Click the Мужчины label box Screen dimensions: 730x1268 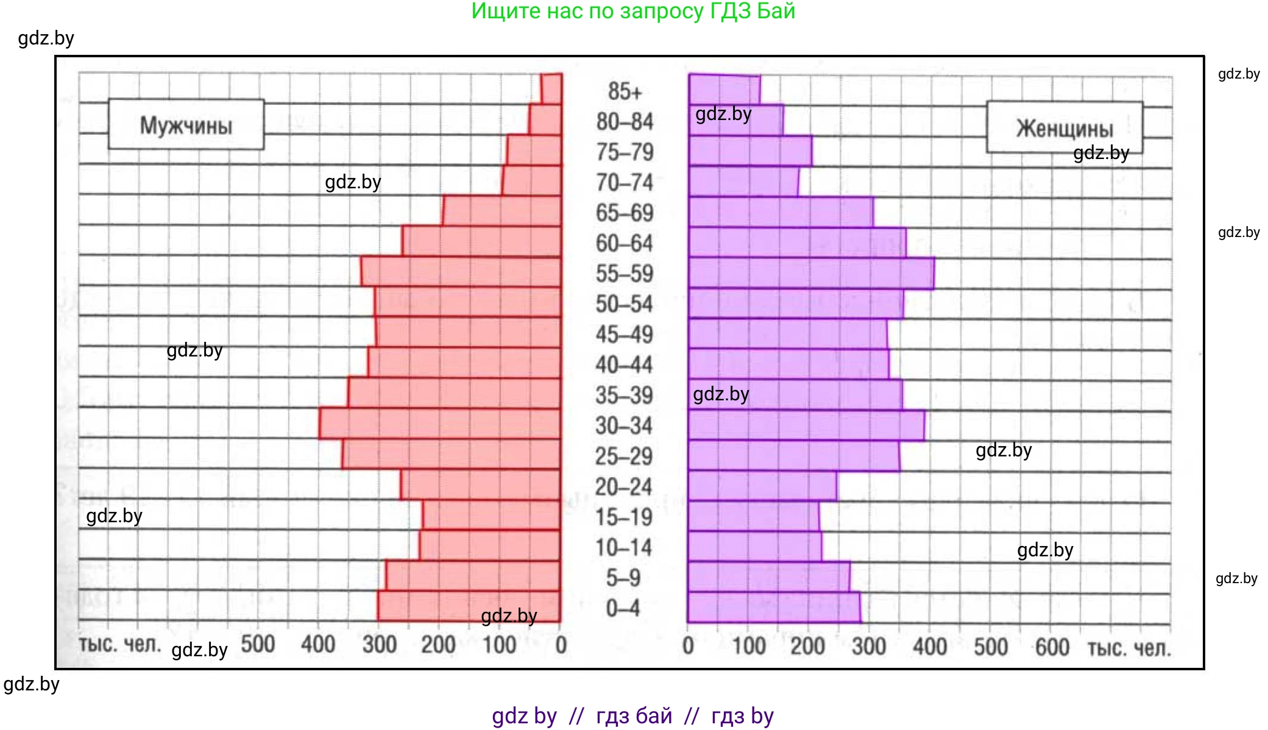coord(186,125)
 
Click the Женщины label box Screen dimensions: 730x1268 coord(1064,127)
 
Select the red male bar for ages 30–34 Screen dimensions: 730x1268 coord(439,423)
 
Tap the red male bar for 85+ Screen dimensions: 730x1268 coord(551,88)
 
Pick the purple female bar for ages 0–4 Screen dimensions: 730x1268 coord(774,608)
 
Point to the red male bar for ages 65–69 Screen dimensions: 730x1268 coord(501,211)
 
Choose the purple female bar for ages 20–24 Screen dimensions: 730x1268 coord(762,486)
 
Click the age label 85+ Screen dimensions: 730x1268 coord(625,91)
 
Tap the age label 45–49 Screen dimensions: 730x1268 coord(625,335)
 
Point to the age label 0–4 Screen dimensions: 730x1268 coord(623,608)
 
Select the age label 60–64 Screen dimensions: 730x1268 coord(625,243)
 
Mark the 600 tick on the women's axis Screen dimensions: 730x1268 coord(1052,647)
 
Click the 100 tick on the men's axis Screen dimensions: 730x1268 coord(499,645)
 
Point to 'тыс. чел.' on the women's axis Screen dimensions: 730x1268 coord(1129,648)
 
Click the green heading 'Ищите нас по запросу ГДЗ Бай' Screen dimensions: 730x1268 coord(633,11)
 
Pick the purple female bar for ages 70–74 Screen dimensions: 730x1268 coord(743,182)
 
